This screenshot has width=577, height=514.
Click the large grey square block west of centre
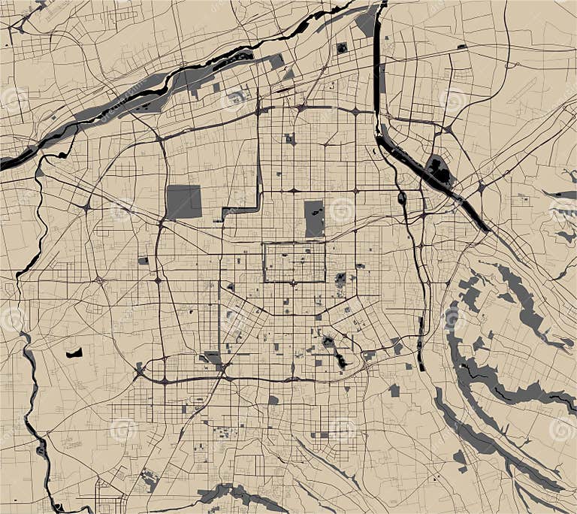[183, 201]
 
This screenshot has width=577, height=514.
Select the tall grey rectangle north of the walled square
[314, 218]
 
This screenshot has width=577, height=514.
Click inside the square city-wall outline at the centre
[294, 262]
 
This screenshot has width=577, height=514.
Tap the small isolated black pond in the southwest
[74, 352]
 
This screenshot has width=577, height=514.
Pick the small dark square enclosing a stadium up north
[342, 48]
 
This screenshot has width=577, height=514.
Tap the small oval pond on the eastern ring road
[402, 198]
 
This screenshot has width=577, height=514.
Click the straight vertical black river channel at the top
[376, 60]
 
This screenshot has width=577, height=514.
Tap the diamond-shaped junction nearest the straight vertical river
[354, 111]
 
